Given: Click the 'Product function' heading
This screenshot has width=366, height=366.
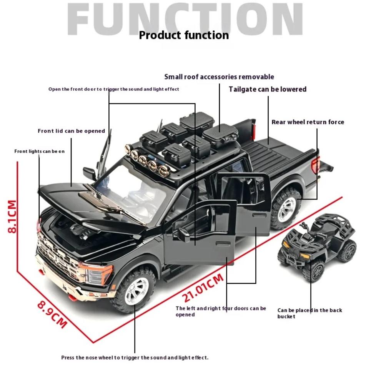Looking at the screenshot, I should click(x=184, y=35).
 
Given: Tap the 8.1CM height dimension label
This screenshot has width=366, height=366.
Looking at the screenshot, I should click(x=12, y=216).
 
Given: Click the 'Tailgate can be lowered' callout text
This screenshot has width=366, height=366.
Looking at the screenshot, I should click(x=268, y=89).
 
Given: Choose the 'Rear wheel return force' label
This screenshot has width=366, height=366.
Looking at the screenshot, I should click(x=308, y=122).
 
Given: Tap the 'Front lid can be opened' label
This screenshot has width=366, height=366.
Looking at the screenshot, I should click(x=71, y=131).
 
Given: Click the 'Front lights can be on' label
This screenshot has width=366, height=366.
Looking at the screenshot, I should click(x=39, y=151).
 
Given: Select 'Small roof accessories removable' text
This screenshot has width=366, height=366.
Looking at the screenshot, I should click(x=219, y=77).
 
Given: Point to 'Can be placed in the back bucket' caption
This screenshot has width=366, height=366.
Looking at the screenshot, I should click(x=309, y=313).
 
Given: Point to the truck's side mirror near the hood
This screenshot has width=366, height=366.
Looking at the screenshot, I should click(x=90, y=173).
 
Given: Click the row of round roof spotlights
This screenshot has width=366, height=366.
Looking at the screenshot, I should click(x=148, y=160).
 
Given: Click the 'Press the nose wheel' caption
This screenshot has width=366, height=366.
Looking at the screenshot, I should click(x=135, y=358).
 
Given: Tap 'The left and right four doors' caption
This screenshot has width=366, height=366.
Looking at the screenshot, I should click(x=221, y=311).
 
